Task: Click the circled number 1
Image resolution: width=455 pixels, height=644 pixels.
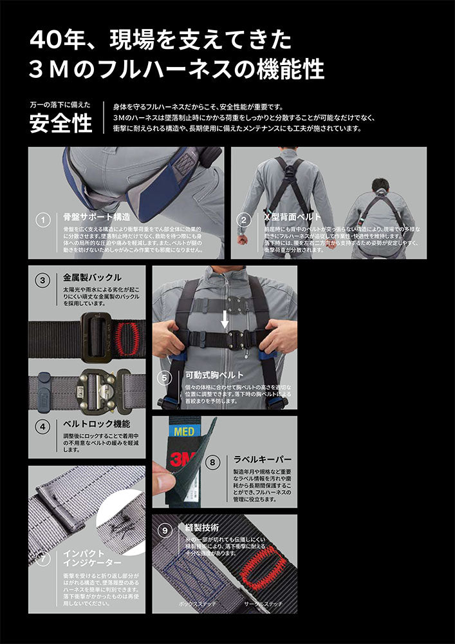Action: [x=42, y=220]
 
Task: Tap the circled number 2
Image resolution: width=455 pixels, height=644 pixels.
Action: [x=243, y=220]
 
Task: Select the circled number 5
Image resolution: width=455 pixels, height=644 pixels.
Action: [x=164, y=377]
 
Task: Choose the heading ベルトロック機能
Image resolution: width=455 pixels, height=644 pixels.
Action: [x=97, y=424]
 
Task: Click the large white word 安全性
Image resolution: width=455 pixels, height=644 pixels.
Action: [x=61, y=123]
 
